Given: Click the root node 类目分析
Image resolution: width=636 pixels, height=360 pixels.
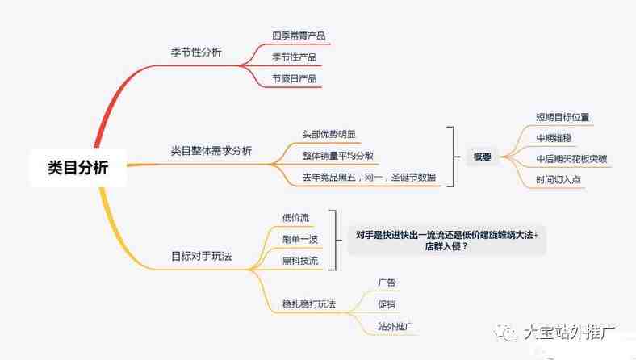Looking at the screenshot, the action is pyautogui.click(x=77, y=167).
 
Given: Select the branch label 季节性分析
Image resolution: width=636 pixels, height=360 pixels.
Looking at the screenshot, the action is pyautogui.click(x=196, y=52).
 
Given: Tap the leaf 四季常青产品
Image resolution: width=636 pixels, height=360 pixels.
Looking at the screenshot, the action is pyautogui.click(x=299, y=36).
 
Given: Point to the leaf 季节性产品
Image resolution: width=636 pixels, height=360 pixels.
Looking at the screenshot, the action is pyautogui.click(x=294, y=57).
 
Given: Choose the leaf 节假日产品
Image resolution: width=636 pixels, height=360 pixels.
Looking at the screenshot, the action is pyautogui.click(x=294, y=79).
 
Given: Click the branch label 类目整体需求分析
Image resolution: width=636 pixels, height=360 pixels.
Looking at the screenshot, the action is pyautogui.click(x=211, y=151).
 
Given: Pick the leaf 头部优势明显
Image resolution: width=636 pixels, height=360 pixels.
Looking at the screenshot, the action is pyautogui.click(x=329, y=134).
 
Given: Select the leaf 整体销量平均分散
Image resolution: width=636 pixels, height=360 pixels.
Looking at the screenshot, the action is pyautogui.click(x=338, y=156).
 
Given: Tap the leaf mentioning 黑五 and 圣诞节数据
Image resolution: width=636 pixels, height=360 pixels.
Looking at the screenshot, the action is pyautogui.click(x=369, y=178).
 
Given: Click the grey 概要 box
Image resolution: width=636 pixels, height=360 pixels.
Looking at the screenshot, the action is pyautogui.click(x=483, y=157).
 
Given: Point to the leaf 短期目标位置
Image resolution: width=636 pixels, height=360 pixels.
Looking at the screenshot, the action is pyautogui.click(x=563, y=117).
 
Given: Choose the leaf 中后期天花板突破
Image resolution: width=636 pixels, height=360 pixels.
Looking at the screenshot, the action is pyautogui.click(x=571, y=159).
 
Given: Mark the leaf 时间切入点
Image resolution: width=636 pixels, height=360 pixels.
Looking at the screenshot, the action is pyautogui.click(x=559, y=180).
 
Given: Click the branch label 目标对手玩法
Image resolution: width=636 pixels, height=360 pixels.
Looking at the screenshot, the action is pyautogui.click(x=202, y=257).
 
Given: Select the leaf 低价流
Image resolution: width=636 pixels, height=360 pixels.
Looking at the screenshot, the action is pyautogui.click(x=295, y=218).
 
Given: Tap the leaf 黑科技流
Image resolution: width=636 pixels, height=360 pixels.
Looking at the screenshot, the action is pyautogui.click(x=300, y=261).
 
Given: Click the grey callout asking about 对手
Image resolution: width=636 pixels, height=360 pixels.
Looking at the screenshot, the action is pyautogui.click(x=446, y=241).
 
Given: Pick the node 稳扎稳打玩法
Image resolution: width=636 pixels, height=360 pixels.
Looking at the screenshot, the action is pyautogui.click(x=309, y=304).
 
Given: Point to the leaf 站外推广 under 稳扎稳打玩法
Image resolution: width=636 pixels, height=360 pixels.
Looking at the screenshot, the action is pyautogui.click(x=395, y=326).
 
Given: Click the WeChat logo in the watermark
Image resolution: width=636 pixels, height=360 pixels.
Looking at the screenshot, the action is pyautogui.click(x=505, y=333).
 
